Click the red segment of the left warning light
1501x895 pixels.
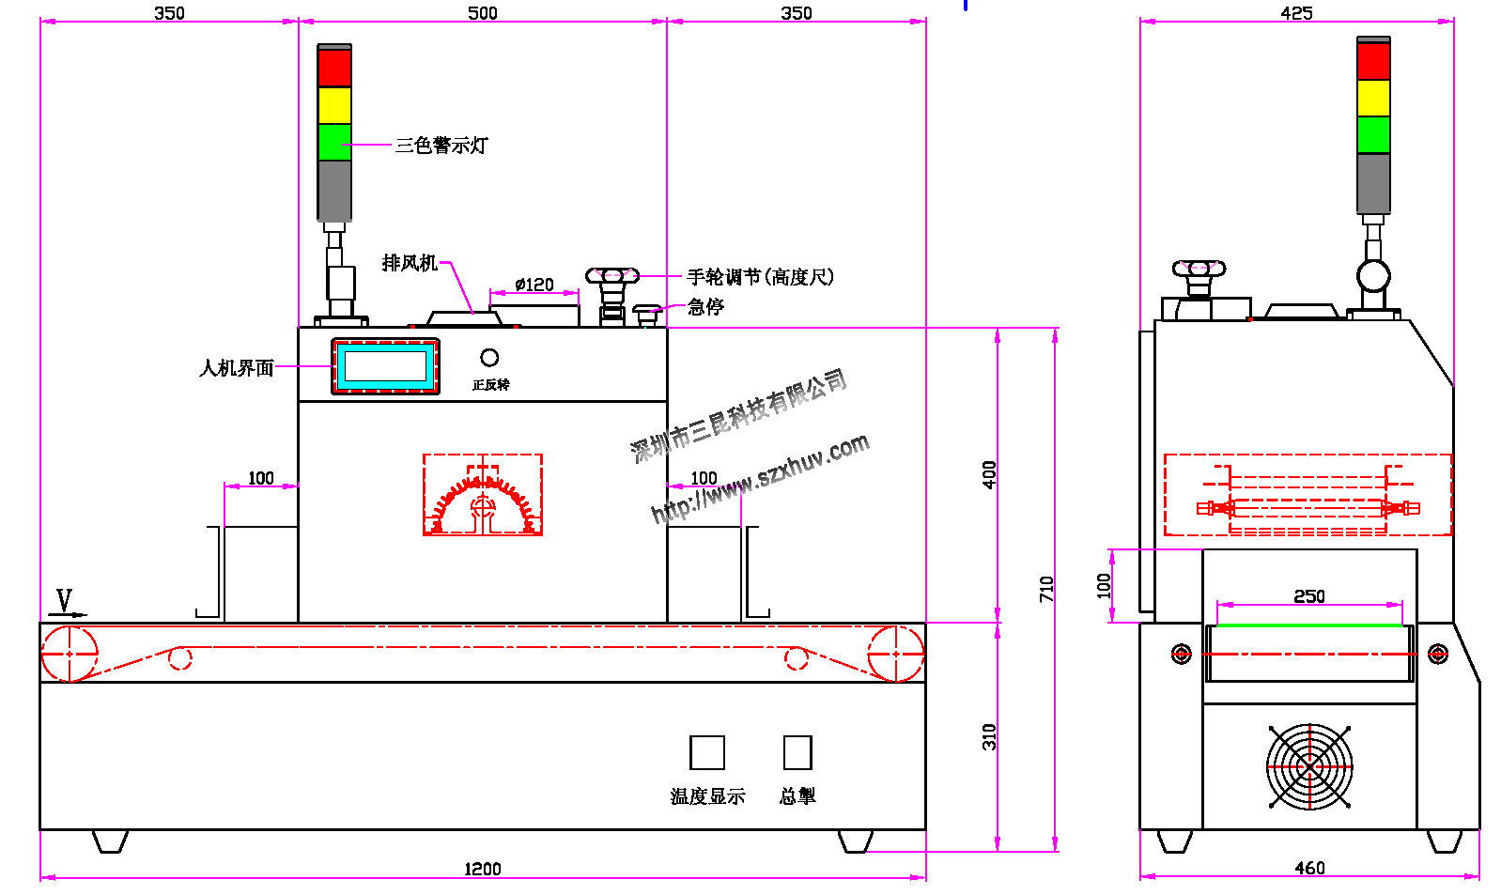pos(334,68)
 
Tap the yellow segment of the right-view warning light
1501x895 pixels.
pos(1373,98)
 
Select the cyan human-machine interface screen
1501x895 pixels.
pos(385,365)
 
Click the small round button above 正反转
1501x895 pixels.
pos(489,358)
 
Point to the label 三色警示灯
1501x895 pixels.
pos(441,146)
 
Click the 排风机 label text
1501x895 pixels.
pos(410,263)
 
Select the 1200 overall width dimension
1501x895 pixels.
pos(483,869)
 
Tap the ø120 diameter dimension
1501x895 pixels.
pos(534,285)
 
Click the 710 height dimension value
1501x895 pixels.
pos(1046,589)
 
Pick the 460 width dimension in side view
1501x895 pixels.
pos(1309,868)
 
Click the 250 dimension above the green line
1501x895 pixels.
pos(1309,596)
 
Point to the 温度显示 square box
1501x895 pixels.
pos(707,753)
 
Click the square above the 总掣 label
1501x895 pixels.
pos(797,753)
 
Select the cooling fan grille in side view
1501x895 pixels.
pos(1309,766)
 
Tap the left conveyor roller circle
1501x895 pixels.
pos(70,653)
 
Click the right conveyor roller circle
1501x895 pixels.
pos(895,653)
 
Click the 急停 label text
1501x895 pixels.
pos(705,307)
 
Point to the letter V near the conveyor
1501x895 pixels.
pos(64,600)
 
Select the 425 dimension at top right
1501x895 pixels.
pos(1297,13)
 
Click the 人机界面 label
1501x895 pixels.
pos(237,368)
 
